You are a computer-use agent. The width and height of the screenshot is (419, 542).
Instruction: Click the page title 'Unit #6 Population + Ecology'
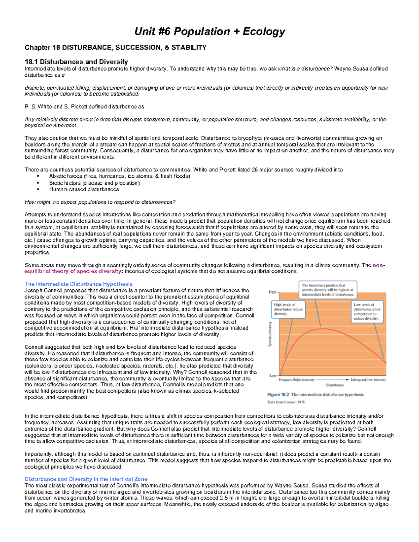[x=209, y=31]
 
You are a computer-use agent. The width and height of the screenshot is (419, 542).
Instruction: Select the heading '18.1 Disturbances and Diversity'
[x=76, y=62]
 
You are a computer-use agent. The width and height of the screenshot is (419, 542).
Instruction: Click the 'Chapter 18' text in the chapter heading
[x=38, y=47]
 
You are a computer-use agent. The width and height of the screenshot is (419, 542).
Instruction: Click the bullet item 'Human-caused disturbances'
[x=84, y=190]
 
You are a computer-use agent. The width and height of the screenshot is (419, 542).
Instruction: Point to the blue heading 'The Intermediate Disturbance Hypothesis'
[x=79, y=284]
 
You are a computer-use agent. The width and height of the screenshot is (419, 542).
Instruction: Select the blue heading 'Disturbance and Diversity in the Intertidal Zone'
[x=86, y=479]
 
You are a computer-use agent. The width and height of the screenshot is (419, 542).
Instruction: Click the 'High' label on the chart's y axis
[x=272, y=292]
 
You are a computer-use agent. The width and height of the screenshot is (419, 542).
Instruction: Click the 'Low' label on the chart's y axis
[x=273, y=376]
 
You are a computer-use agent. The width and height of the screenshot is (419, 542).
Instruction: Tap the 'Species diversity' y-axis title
[x=270, y=334]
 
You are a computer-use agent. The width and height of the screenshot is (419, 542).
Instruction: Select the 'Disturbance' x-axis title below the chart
[x=335, y=385]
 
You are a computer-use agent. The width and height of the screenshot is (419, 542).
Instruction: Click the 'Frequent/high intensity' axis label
[x=296, y=379]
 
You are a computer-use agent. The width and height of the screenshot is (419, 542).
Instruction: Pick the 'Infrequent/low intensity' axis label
[x=368, y=379]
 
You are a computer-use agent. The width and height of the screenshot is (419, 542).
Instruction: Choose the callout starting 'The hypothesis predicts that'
[x=328, y=290]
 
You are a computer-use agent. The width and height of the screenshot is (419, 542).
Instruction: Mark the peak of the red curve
[x=324, y=328]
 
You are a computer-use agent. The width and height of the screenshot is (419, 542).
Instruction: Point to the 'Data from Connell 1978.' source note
[x=286, y=402]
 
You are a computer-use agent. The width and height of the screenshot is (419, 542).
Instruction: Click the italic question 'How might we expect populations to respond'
[x=100, y=202]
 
